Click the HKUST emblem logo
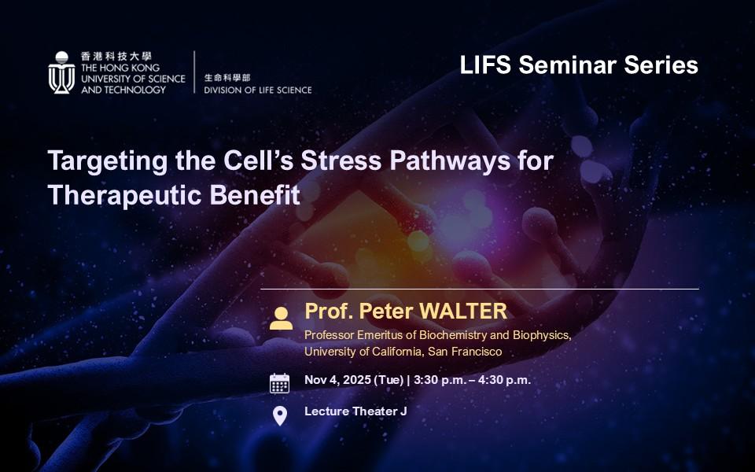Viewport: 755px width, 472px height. coord(61,72)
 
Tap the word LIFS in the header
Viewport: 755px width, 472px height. coord(485,65)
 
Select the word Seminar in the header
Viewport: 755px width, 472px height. coord(567,65)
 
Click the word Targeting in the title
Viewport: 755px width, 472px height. coord(108,160)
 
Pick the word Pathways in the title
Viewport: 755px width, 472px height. coord(450,160)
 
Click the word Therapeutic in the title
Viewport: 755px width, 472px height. coord(125,196)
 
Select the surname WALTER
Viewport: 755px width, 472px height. coord(463,312)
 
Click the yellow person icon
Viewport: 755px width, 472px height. coord(281,319)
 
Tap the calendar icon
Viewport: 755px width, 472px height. coord(279,383)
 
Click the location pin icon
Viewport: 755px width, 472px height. coord(280,416)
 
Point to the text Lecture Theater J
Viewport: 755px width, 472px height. coord(355,411)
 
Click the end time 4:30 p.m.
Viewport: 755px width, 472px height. coord(504,380)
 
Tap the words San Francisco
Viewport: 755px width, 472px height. coord(465,352)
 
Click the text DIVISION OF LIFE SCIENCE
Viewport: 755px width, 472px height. coord(258,90)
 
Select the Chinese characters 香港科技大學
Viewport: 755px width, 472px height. coord(116,56)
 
